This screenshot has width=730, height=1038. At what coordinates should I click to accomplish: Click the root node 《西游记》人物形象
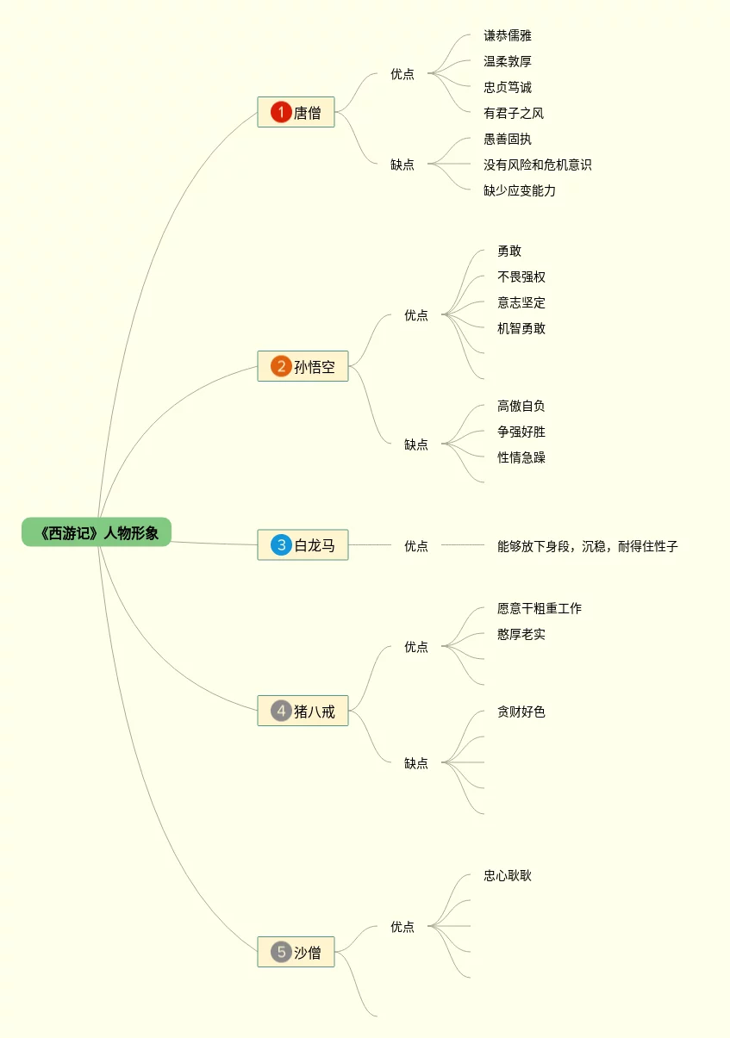pyautogui.click(x=97, y=532)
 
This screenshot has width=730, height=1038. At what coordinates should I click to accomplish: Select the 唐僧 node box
pyautogui.click(x=296, y=112)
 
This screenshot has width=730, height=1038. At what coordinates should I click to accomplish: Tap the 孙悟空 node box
pyautogui.click(x=303, y=366)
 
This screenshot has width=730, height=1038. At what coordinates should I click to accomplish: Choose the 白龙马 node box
pyautogui.click(x=303, y=544)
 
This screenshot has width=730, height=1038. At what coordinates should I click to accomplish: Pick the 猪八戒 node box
pyautogui.click(x=303, y=711)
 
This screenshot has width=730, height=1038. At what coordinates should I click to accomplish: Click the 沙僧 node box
pyautogui.click(x=296, y=952)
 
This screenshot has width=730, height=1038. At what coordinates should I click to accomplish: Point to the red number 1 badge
pyautogui.click(x=280, y=112)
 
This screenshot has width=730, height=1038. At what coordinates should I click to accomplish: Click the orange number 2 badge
pyautogui.click(x=280, y=366)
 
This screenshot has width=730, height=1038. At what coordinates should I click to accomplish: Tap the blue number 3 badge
pyautogui.click(x=280, y=544)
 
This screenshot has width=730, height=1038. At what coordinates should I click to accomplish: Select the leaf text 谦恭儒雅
pyautogui.click(x=508, y=35)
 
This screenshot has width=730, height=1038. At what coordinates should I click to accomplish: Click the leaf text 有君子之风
pyautogui.click(x=514, y=113)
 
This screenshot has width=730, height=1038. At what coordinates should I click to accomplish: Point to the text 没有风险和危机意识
pyautogui.click(x=537, y=165)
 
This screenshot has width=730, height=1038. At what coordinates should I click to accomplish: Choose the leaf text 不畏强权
pyautogui.click(x=521, y=277)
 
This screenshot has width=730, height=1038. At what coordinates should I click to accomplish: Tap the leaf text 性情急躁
pyautogui.click(x=521, y=457)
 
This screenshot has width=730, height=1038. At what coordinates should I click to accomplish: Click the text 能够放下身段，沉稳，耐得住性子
pyautogui.click(x=587, y=545)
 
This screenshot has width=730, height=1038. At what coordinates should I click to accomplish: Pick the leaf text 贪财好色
pyautogui.click(x=521, y=712)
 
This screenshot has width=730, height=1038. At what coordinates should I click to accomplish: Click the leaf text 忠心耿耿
pyautogui.click(x=508, y=875)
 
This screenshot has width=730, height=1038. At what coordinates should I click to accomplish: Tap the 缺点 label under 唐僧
pyautogui.click(x=402, y=165)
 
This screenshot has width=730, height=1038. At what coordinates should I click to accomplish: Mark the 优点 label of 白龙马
pyautogui.click(x=416, y=545)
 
